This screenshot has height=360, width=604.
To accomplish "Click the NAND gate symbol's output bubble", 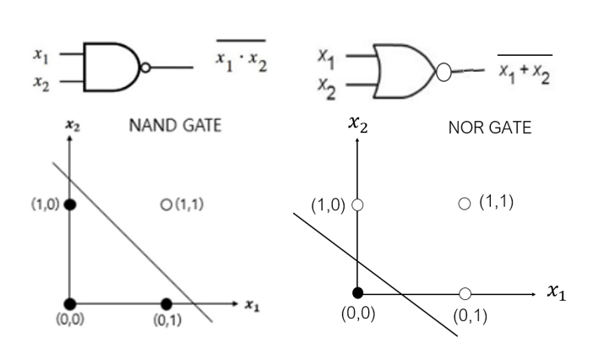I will (x=145, y=67).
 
